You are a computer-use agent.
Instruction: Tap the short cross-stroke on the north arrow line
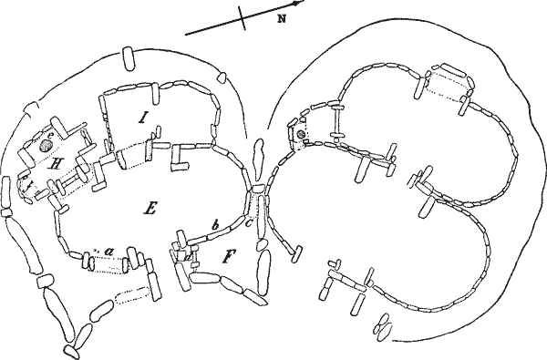pos(243,21)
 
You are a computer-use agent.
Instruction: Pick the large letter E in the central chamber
pos(148,208)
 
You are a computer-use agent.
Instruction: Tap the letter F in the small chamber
pos(228,259)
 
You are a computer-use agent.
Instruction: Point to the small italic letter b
pos(213,224)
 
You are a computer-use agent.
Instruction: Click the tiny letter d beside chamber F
pos(188,256)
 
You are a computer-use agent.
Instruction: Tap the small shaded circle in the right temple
pos(300,136)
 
